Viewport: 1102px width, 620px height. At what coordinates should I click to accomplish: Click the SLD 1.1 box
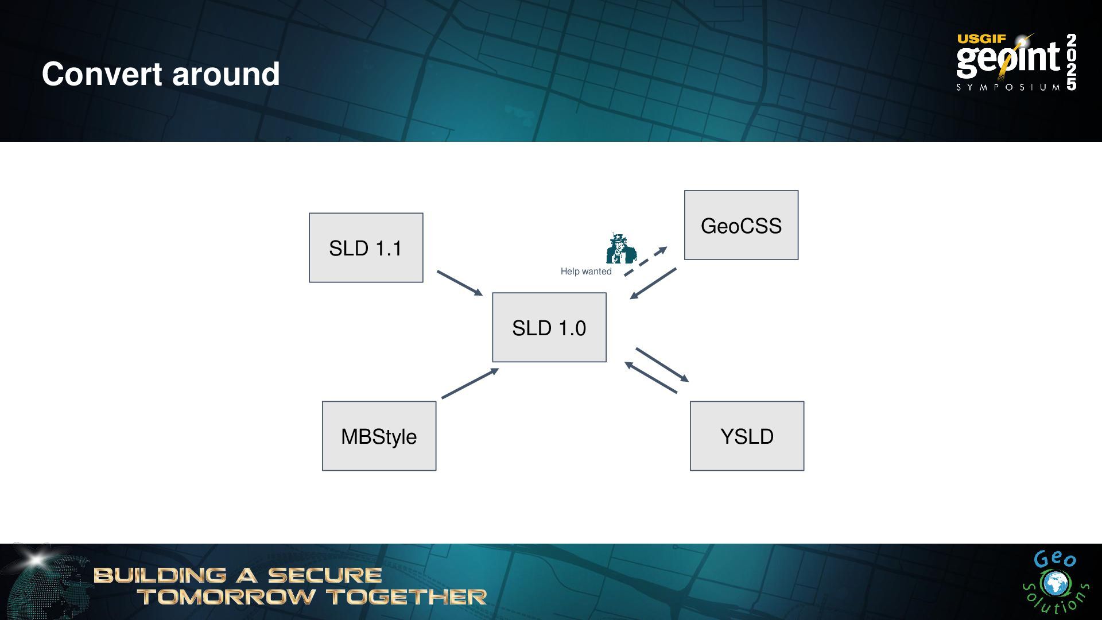[x=366, y=247]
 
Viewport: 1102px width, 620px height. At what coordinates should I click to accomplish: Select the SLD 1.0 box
[x=549, y=327]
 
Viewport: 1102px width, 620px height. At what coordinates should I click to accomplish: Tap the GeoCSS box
[x=740, y=225]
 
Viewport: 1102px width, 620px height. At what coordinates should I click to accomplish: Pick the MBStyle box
[x=379, y=436]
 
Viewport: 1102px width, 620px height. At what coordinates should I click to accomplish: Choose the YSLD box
[x=746, y=436]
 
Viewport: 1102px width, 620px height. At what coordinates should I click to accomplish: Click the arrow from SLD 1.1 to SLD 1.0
[x=459, y=283]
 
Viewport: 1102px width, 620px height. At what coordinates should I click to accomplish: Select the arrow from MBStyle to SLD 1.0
[x=469, y=383]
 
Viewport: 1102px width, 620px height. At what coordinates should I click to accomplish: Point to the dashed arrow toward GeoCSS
[x=645, y=262]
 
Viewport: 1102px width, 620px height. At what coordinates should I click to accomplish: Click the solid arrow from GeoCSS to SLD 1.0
[x=653, y=283]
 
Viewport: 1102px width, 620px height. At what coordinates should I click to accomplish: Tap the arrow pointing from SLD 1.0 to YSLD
[x=662, y=365]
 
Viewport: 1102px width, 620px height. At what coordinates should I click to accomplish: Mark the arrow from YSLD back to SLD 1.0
[x=651, y=377]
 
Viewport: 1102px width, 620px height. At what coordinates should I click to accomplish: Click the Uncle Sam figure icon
[x=620, y=249]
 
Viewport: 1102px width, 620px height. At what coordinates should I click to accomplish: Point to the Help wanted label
[x=585, y=272]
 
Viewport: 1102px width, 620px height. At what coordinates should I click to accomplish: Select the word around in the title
[x=226, y=74]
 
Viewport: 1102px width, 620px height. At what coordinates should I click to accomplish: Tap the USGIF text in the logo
[x=981, y=39]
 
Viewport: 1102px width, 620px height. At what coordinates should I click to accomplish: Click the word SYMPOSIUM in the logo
[x=1007, y=87]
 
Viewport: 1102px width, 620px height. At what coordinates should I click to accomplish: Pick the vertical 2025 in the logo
[x=1071, y=61]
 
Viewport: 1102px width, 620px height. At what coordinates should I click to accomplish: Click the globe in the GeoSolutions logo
[x=1054, y=584]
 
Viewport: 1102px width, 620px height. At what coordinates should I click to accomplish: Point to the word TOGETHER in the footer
[x=407, y=597]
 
